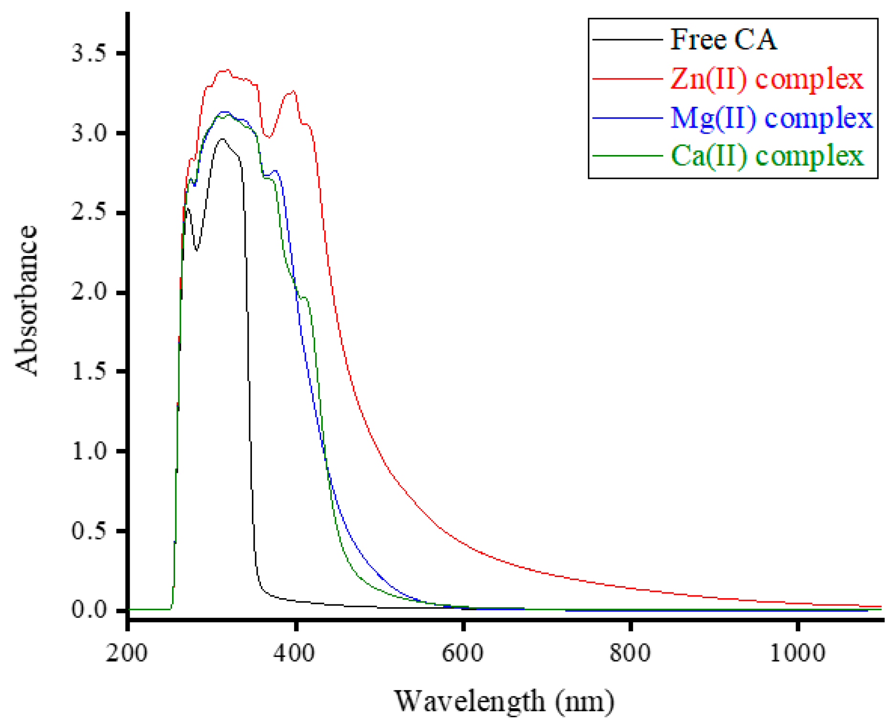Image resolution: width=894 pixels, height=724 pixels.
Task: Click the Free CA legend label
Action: click(723, 39)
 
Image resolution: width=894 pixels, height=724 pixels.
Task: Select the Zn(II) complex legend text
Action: click(767, 78)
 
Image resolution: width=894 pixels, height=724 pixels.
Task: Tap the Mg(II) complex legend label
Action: click(771, 118)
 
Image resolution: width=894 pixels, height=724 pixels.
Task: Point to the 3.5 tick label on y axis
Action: click(88, 53)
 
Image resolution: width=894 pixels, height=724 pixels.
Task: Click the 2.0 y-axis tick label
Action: click(88, 292)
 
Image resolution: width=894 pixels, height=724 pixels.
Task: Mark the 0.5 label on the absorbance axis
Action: click(88, 531)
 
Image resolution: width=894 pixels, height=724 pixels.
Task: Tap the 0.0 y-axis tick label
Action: click(88, 610)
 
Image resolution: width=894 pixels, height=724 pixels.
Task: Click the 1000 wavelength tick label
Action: click(797, 653)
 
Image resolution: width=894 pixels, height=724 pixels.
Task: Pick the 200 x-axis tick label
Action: click(127, 653)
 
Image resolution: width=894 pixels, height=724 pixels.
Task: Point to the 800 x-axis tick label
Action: click(630, 653)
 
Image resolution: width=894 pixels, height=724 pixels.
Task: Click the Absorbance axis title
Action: click(26, 300)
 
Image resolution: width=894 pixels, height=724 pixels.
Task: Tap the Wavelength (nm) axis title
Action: click(504, 701)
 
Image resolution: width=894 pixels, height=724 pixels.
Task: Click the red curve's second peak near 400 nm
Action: click(293, 91)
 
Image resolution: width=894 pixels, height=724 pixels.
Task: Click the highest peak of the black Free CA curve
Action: click(222, 139)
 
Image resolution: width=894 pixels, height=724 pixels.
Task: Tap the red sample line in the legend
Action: click(627, 78)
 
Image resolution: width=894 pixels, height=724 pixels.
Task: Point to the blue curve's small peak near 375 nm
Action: click(275, 171)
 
